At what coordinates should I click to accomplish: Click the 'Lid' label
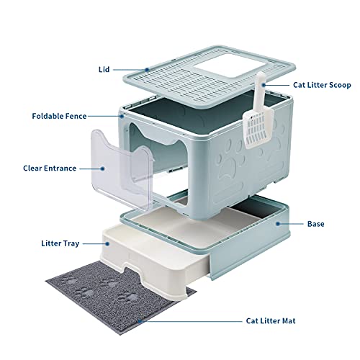pos(105,71)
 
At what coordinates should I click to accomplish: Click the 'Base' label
pos(315,224)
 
